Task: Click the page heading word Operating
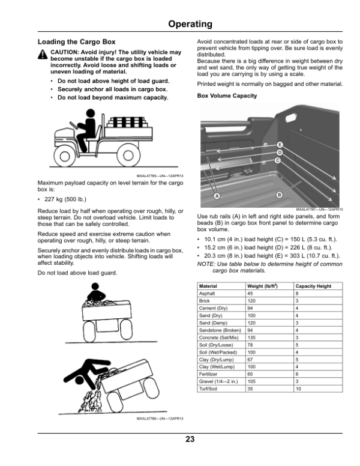click(x=190, y=25)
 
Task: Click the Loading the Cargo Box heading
click(x=76, y=43)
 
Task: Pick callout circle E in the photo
click(x=280, y=145)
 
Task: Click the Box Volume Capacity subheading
click(x=227, y=96)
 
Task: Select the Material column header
click(x=208, y=286)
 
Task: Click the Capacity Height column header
click(x=313, y=286)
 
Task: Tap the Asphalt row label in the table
click(x=207, y=293)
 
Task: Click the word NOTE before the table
click(x=205, y=264)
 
